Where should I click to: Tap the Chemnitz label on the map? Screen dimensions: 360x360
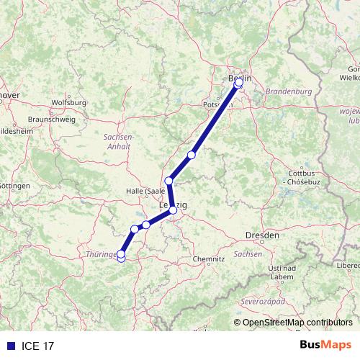210,258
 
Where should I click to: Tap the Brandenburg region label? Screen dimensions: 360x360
287,92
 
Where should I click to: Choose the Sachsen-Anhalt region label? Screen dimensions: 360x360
119,141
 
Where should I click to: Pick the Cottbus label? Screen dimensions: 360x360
300,174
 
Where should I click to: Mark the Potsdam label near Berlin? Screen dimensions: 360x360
217,104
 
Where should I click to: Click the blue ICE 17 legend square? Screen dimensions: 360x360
7,346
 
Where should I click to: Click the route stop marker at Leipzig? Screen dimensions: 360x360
173,210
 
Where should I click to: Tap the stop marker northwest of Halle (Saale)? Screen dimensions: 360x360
168,181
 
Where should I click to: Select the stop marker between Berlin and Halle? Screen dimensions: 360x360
192,155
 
